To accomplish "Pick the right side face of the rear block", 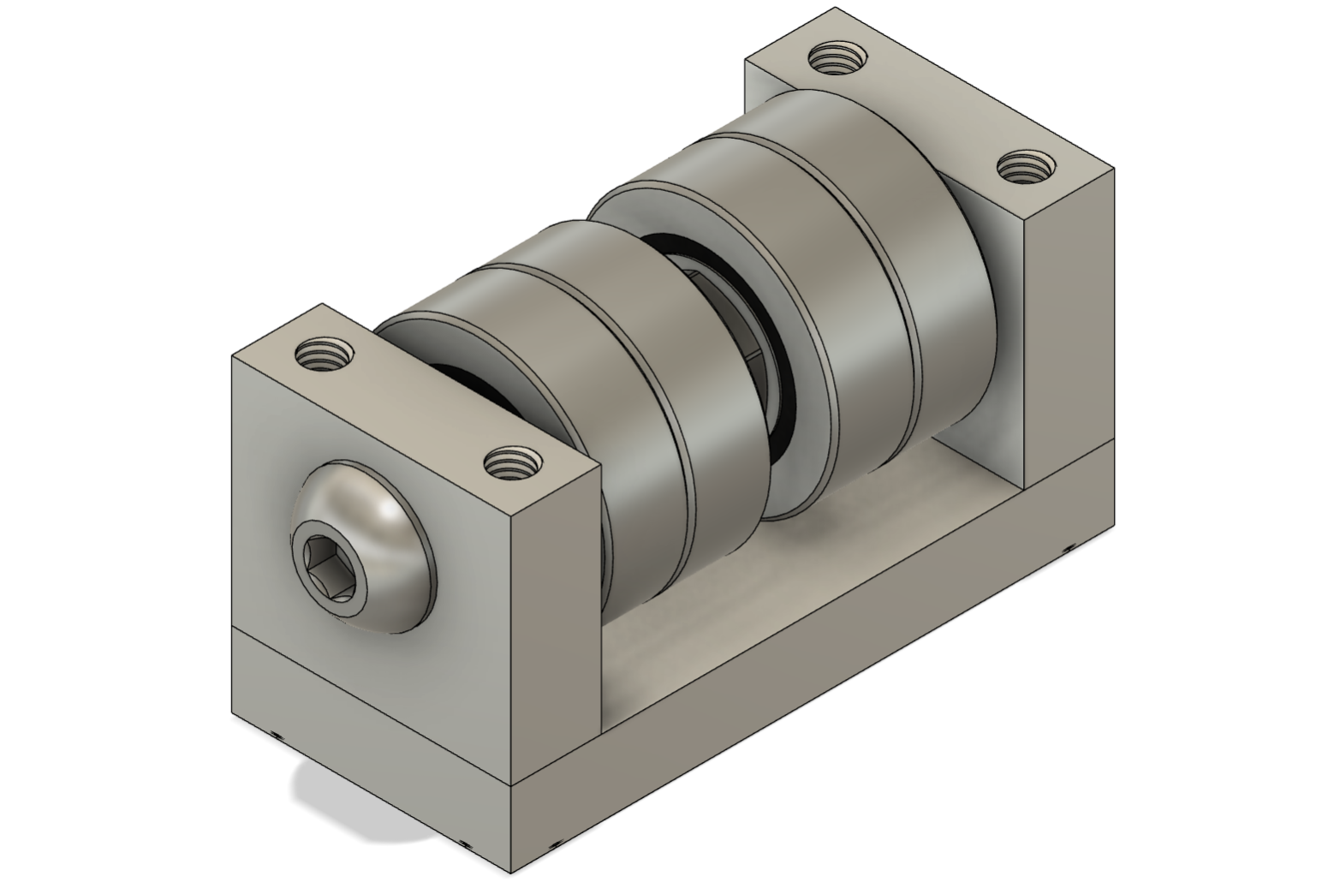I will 1070,343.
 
